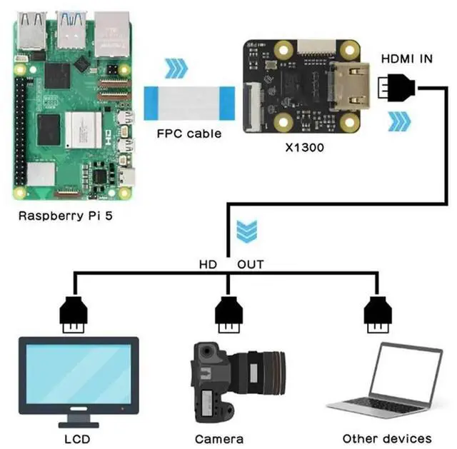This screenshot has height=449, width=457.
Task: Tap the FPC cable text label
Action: coord(189,133)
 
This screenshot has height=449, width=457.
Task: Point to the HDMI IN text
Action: coord(406,59)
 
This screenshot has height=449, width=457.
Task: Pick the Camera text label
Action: coord(219,438)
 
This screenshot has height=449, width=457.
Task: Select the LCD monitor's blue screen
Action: coord(78,375)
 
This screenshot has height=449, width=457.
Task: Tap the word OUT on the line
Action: coord(250,264)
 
